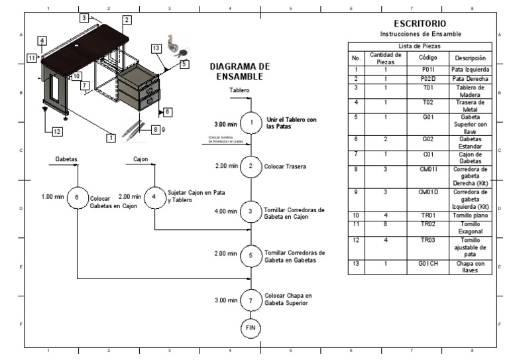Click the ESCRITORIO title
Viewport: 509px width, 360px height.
click(420, 24)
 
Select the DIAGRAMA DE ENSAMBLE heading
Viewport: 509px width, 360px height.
click(239, 72)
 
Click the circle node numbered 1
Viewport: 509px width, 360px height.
click(251, 123)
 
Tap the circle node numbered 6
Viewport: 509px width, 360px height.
click(78, 197)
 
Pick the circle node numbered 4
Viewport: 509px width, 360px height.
click(154, 197)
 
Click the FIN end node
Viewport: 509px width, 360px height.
click(251, 328)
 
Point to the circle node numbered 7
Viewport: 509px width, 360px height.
click(251, 300)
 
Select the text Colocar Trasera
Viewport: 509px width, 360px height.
click(285, 166)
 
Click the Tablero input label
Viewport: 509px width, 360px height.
click(239, 90)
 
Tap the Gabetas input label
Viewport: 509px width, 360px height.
click(66, 159)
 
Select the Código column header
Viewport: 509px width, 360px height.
click(428, 58)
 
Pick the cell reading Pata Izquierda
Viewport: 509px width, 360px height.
click(471, 70)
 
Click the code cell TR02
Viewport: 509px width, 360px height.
click(428, 225)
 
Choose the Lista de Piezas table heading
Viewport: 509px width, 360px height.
click(420, 46)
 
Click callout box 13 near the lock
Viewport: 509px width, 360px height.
click(156, 48)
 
